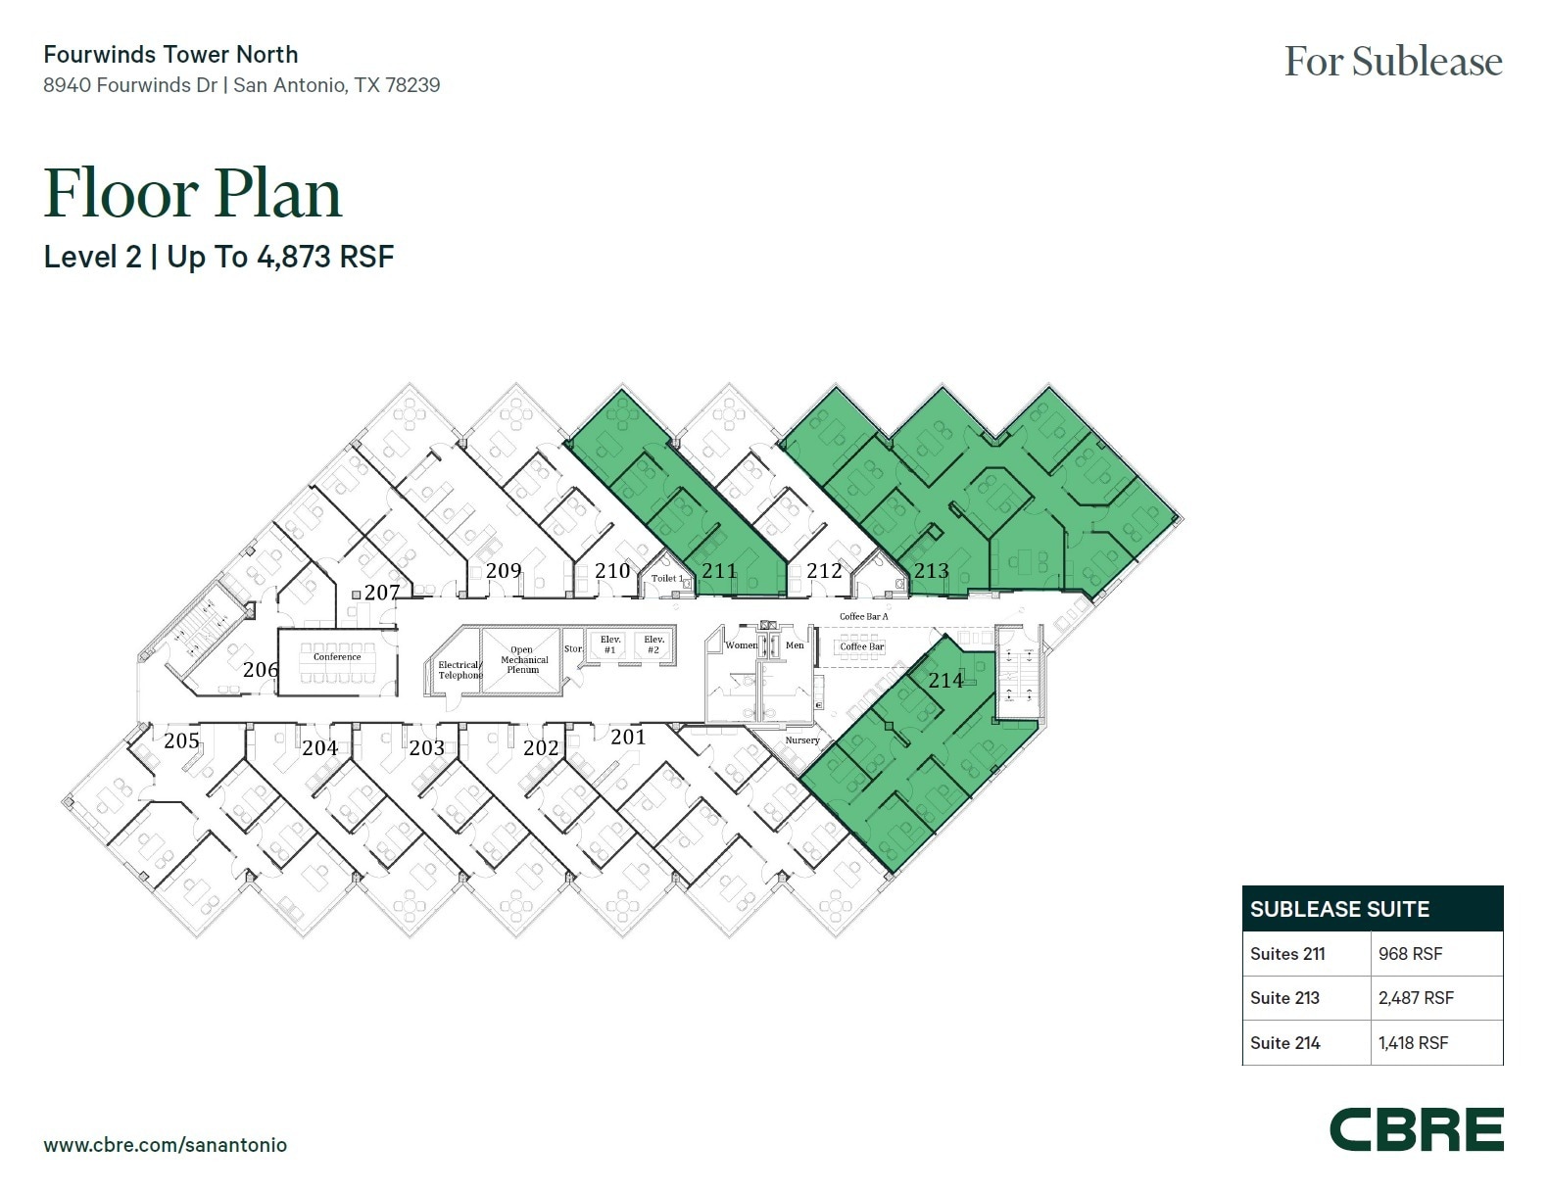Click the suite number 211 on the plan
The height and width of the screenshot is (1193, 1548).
click(x=718, y=570)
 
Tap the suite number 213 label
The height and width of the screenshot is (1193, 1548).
click(x=931, y=570)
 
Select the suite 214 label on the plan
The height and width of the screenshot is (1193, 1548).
click(x=945, y=680)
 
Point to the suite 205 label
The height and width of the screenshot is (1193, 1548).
click(x=181, y=740)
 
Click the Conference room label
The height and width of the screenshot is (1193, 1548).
click(x=337, y=657)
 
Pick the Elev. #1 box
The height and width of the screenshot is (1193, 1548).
click(x=610, y=644)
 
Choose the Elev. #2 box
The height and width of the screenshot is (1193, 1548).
click(x=653, y=644)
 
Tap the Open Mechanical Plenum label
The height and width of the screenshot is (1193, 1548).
click(x=523, y=660)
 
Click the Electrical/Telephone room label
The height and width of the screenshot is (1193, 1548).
click(x=460, y=670)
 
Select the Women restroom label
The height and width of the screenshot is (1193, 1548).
click(x=741, y=645)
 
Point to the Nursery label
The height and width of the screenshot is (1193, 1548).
click(x=801, y=740)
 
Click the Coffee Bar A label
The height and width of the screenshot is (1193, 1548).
click(x=863, y=616)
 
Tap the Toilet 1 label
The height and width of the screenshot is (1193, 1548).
click(x=667, y=578)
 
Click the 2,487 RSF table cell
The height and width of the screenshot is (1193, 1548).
click(x=1416, y=998)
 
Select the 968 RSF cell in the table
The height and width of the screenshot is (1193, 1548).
click(x=1410, y=953)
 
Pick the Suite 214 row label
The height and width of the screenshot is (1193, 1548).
click(x=1284, y=1043)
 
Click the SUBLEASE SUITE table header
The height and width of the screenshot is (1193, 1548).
click(x=1339, y=909)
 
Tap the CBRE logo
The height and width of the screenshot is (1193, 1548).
click(x=1416, y=1130)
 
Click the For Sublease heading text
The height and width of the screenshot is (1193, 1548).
click(x=1392, y=62)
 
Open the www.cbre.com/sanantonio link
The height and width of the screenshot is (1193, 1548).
click(x=165, y=1144)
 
